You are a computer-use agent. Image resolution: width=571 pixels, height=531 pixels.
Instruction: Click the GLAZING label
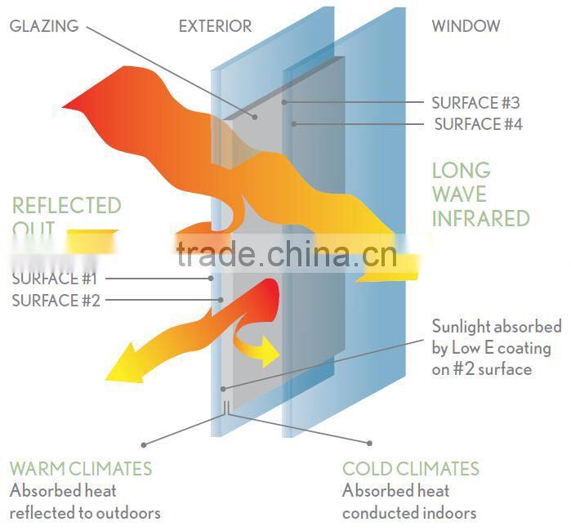pos(44,26)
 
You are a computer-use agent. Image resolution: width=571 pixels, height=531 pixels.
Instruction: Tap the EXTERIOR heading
pos(215,26)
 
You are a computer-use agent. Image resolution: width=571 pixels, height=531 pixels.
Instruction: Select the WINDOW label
pos(466,26)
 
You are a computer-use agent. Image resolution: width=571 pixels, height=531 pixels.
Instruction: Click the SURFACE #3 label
pos(475,103)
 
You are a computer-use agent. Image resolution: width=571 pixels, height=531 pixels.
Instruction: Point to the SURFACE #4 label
pos(478,124)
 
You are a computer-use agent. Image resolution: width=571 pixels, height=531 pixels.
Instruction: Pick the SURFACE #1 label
pos(56,279)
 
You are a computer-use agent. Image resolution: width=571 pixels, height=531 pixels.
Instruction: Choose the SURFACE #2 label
pos(56,301)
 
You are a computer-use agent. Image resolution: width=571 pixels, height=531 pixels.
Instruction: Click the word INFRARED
pos(480,218)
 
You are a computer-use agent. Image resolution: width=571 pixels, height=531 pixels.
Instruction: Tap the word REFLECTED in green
pos(66,205)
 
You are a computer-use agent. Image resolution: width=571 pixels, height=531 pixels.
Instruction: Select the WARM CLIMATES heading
pos(81,469)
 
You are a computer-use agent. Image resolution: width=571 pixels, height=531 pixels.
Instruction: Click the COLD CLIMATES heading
pos(410,469)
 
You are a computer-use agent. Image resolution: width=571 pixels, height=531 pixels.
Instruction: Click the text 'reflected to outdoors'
pos(85,513)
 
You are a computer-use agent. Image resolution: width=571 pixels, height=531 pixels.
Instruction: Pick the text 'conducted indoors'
pos(408,513)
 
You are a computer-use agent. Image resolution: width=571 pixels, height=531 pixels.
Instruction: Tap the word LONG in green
pos(461,171)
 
